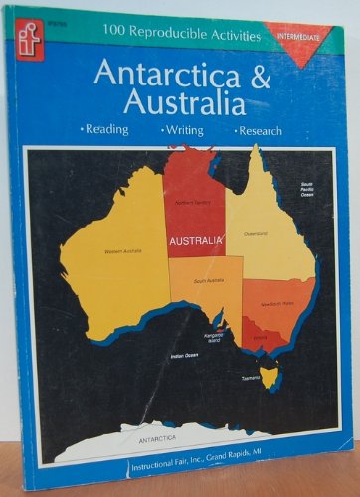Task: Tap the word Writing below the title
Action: coord(181,132)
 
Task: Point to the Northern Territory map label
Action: coord(194,203)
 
